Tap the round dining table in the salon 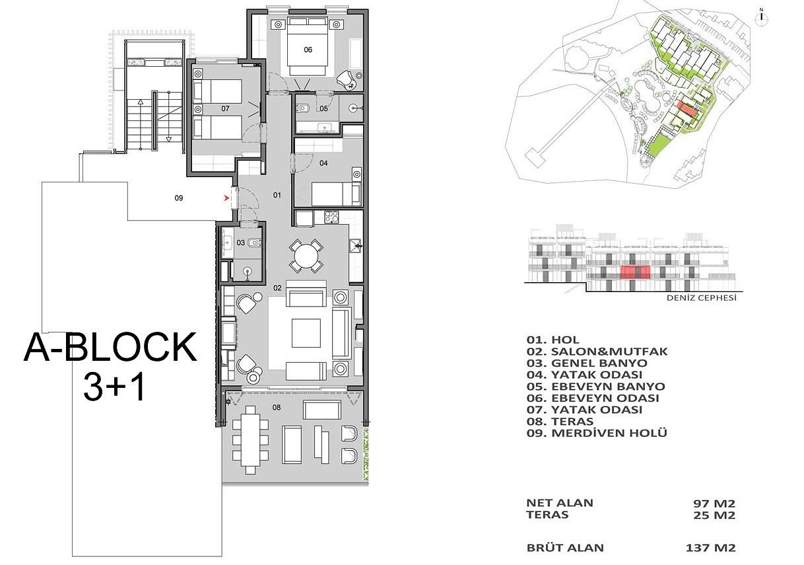pos(306,254)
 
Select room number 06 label pos(308,50)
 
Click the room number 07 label pos(225,108)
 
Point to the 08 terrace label pos(276,408)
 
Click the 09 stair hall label pos(178,198)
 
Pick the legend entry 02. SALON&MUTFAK pos(597,352)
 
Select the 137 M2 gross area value pos(711,548)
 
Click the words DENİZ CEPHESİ pos(702,298)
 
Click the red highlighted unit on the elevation pos(635,272)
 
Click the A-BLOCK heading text pos(110,348)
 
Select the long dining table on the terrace pos(250,439)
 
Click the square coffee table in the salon pos(306,333)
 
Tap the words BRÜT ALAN pos(565,548)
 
